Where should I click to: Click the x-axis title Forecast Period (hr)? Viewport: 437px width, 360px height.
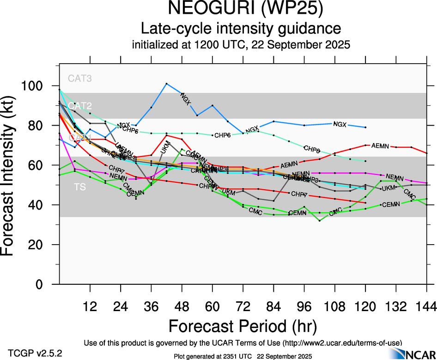[x=242, y=326]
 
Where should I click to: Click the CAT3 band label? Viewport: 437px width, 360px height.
[x=79, y=78]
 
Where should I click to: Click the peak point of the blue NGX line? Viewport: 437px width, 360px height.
[x=166, y=84]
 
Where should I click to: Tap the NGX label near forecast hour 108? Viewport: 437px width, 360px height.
[x=340, y=124]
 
